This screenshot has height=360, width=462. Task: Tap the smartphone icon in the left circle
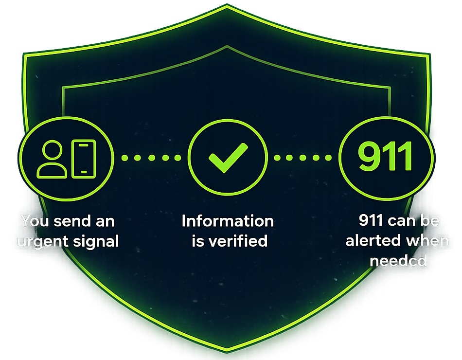(x=84, y=159)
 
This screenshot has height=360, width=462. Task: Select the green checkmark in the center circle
(x=228, y=158)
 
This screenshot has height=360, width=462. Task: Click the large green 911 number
(x=385, y=156)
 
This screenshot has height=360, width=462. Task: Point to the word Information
(x=228, y=221)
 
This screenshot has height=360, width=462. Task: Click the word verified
(x=238, y=241)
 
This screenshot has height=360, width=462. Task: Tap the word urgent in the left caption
(x=43, y=242)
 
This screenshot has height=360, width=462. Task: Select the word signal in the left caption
(x=96, y=242)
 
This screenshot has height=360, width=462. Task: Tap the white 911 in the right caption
(x=371, y=220)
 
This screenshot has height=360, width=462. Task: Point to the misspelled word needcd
(x=398, y=261)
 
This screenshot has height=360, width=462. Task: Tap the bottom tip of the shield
(x=227, y=351)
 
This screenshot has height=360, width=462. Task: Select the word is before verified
(x=198, y=241)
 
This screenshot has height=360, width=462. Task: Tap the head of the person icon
(x=52, y=150)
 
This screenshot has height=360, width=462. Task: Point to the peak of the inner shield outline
(x=227, y=46)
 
